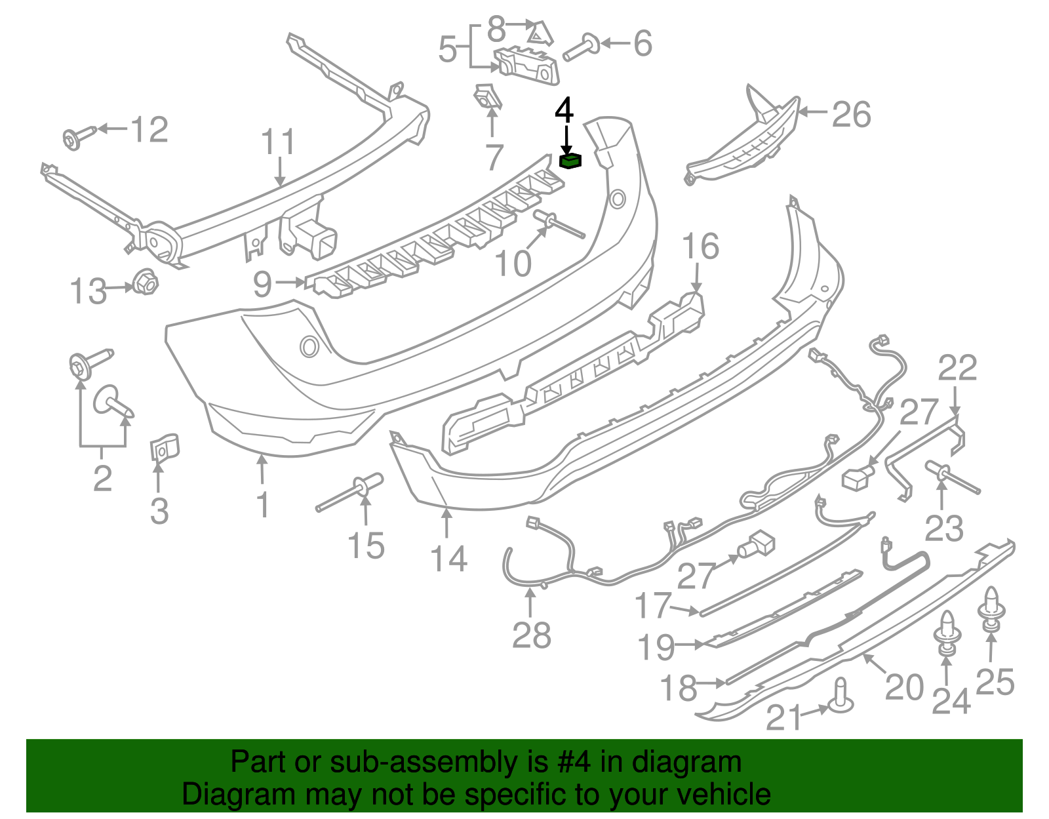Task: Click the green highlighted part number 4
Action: tap(570, 161)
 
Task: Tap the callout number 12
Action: tap(149, 129)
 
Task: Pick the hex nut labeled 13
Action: tap(145, 284)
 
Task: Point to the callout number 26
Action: tap(851, 114)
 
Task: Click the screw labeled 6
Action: tap(580, 48)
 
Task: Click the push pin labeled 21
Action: tap(841, 699)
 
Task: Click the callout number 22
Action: tap(957, 368)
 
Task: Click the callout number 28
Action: tap(531, 635)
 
